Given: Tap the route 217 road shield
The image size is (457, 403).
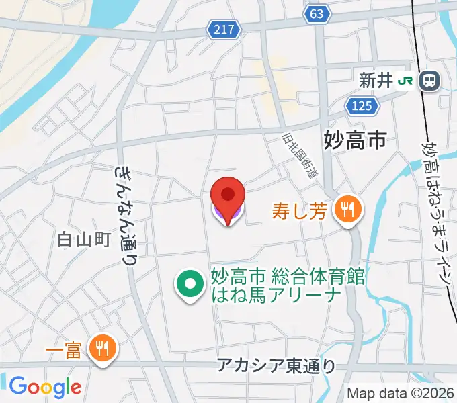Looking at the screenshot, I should (x=222, y=29).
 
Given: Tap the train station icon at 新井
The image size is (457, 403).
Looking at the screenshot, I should (x=428, y=81).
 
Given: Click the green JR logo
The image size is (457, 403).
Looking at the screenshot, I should (x=406, y=81).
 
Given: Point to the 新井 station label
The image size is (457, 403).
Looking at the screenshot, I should (x=374, y=81).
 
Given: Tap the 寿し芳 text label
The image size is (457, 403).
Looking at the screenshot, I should (x=300, y=212).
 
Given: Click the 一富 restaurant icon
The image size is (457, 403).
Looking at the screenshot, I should (x=103, y=348).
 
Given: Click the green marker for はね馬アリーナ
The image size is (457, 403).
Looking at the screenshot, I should (x=190, y=285).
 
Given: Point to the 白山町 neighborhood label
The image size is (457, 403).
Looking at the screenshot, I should (x=83, y=238).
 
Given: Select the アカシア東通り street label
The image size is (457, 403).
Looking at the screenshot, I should (x=276, y=366).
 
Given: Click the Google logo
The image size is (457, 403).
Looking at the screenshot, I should (x=45, y=387).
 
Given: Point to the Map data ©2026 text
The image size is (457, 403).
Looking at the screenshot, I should (x=401, y=394).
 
